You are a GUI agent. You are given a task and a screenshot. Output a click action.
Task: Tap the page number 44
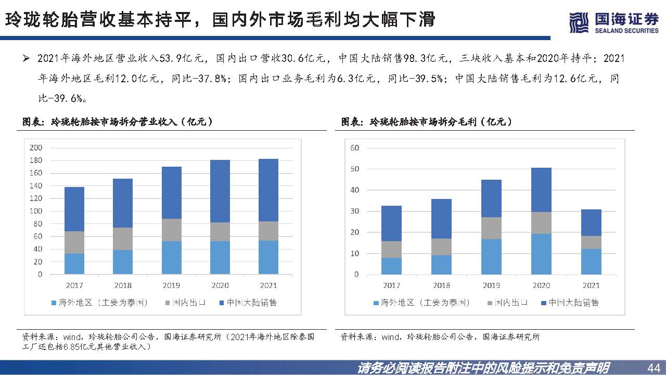click(652, 367)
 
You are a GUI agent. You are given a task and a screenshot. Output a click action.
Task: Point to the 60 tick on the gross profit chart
click(355, 148)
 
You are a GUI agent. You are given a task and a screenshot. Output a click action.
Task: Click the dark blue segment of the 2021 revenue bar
click(268, 190)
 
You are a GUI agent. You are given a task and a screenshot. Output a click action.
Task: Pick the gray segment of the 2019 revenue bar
click(171, 230)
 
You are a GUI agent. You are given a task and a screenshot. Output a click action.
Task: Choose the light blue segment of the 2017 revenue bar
click(74, 264)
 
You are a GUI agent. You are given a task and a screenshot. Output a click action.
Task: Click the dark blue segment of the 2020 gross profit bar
click(541, 190)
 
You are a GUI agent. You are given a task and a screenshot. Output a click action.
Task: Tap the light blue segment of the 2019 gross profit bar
click(491, 256)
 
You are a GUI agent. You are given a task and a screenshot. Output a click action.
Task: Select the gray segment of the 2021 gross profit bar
click(591, 242)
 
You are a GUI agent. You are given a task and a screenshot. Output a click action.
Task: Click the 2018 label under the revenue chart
click(122, 285)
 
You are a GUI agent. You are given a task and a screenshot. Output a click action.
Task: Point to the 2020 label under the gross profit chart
click(541, 285)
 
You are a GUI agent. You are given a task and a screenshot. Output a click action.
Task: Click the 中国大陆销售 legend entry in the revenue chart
click(248, 303)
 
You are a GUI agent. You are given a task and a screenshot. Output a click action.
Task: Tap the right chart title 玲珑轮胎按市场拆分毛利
click(427, 121)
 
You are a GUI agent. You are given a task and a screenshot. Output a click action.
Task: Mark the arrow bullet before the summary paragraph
click(26, 58)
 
